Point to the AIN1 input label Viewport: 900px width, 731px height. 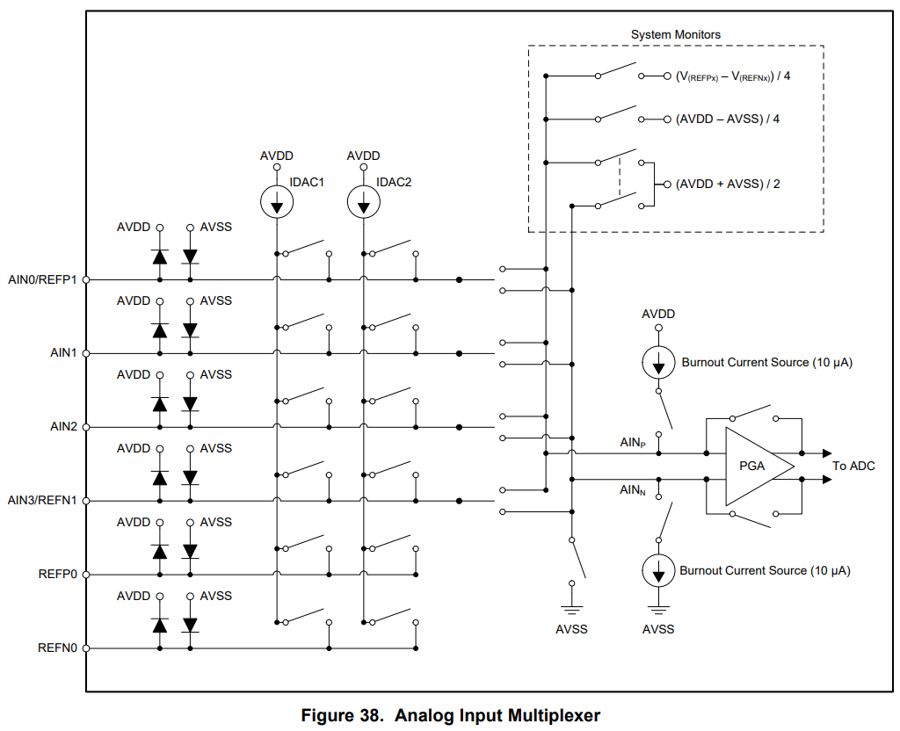click(x=64, y=353)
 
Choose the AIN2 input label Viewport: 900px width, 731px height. click(x=64, y=427)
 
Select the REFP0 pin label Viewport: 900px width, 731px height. click(x=58, y=575)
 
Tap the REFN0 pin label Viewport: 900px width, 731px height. click(x=58, y=648)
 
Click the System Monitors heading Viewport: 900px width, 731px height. click(x=675, y=35)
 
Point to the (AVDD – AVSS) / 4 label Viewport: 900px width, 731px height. click(x=728, y=119)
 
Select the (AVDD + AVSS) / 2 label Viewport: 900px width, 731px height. click(x=728, y=185)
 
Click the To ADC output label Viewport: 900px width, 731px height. click(x=853, y=466)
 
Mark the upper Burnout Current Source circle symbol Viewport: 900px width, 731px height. click(x=658, y=362)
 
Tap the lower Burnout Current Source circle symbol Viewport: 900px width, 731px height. click(x=658, y=571)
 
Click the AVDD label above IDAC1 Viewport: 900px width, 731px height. click(x=277, y=156)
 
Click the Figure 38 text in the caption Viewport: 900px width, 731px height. click(x=341, y=715)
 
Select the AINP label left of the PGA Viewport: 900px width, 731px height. click(x=633, y=443)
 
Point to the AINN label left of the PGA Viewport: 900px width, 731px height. click(x=633, y=490)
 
